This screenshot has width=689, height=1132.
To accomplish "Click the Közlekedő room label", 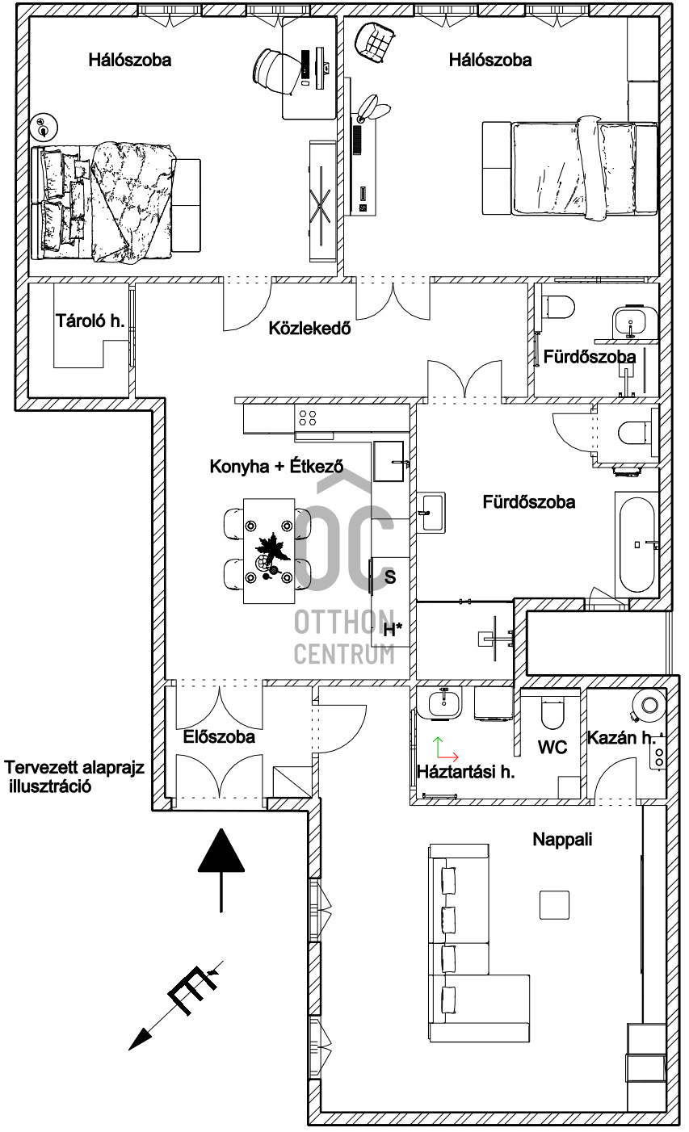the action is click(309, 329).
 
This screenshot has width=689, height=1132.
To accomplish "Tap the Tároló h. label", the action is click(90, 321).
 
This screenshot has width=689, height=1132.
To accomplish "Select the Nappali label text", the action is click(562, 840).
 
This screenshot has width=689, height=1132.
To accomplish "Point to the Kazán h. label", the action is click(621, 738).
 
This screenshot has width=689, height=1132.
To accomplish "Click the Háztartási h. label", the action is click(465, 772).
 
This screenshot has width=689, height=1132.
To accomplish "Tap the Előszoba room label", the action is click(218, 737).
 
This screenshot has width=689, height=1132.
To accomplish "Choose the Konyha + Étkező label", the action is click(276, 466).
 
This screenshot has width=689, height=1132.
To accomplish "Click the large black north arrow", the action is click(221, 870).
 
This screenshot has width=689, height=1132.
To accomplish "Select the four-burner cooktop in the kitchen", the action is click(308, 417).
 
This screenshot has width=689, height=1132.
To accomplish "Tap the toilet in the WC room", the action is click(551, 713).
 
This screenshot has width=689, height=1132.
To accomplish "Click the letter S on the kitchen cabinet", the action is click(390, 576).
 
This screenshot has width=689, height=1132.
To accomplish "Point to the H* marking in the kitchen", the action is click(393, 630).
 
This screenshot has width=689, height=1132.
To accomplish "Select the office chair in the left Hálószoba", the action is click(273, 71).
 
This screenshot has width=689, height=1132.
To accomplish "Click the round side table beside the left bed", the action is click(44, 126).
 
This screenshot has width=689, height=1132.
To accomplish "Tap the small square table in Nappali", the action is click(554, 904).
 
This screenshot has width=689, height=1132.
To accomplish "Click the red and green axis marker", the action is click(445, 749).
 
